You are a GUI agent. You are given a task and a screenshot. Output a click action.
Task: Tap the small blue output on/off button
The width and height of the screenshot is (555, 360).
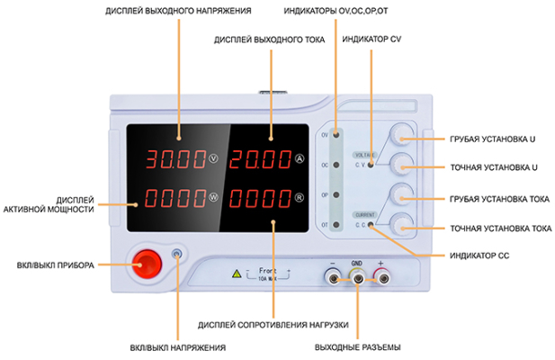point(178,255)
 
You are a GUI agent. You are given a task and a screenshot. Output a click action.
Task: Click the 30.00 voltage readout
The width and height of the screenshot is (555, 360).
point(176,160)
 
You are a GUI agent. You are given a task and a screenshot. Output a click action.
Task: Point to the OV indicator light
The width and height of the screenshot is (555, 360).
point(336,136)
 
